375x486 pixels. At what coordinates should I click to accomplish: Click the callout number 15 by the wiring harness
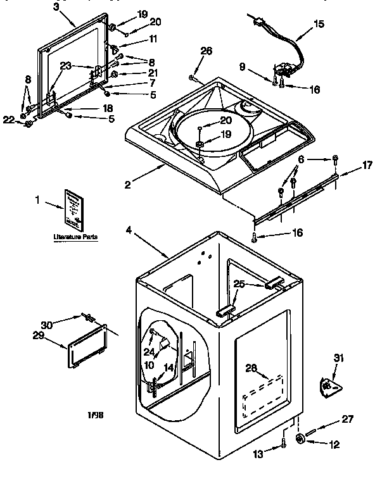[x=319, y=24]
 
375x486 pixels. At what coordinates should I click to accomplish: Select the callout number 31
[x=338, y=359]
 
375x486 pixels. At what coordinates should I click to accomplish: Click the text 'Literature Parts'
[x=75, y=237]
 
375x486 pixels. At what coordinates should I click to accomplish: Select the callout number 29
[x=39, y=335]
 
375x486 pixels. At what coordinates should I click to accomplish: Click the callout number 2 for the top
[x=128, y=185]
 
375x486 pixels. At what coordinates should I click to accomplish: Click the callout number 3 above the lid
[x=56, y=7]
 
